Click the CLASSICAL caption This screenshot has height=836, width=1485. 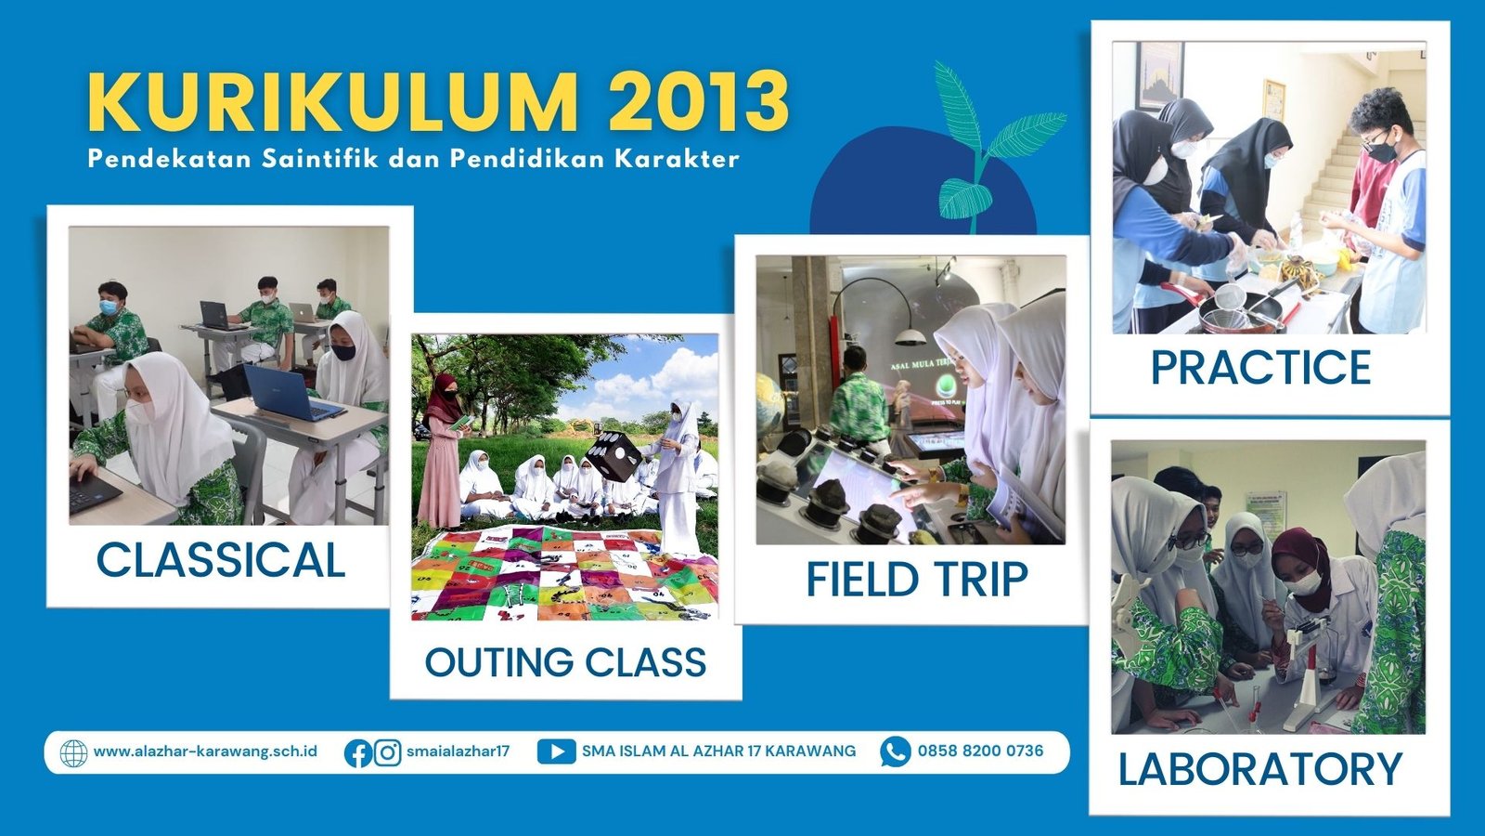click(221, 561)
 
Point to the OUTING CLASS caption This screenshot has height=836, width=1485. click(565, 662)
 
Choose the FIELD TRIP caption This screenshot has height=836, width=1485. click(917, 580)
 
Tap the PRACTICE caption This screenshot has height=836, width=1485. click(1261, 367)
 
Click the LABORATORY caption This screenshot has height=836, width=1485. click(1260, 769)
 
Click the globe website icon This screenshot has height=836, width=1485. click(73, 753)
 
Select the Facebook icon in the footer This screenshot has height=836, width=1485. click(358, 753)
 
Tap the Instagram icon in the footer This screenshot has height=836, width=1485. click(388, 753)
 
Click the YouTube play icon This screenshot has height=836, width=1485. click(556, 751)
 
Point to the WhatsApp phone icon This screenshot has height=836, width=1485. click(896, 751)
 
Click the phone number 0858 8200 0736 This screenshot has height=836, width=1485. click(980, 751)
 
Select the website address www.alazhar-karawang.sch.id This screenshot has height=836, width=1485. click(205, 751)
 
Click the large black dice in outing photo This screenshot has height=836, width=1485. click(614, 455)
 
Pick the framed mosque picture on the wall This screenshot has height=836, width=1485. click(1159, 75)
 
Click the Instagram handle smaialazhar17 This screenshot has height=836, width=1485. click(458, 751)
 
